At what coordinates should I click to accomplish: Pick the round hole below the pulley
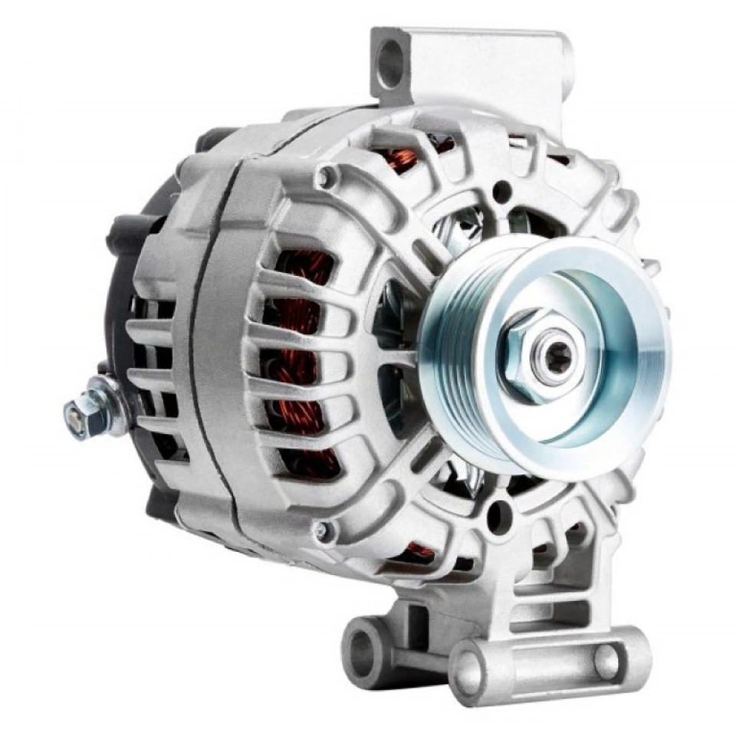click(x=499, y=515)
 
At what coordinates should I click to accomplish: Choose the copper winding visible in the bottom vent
click(x=419, y=550)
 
